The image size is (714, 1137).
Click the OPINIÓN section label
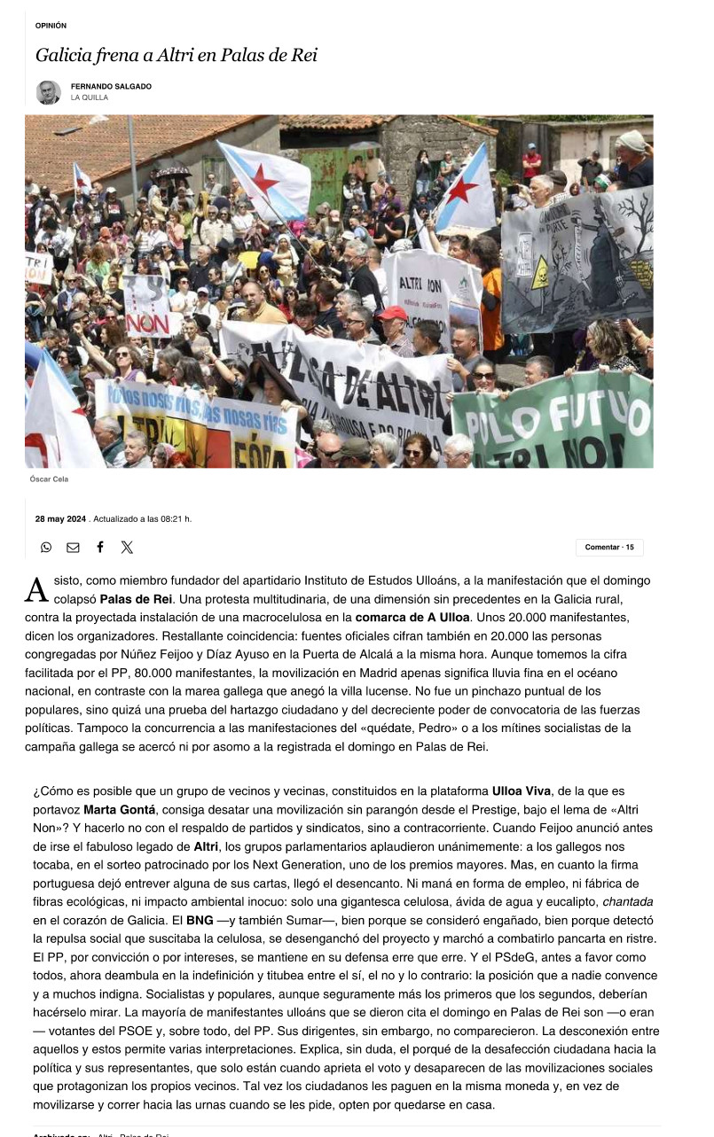click(x=51, y=26)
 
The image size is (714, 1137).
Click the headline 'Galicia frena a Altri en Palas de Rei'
click(x=176, y=56)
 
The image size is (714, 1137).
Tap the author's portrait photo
click(x=48, y=91)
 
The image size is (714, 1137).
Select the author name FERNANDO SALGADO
click(x=111, y=86)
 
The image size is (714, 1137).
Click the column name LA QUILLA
click(x=90, y=97)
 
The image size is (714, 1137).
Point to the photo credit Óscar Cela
click(x=49, y=479)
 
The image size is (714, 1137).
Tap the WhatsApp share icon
click(x=46, y=548)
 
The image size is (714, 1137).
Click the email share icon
click(x=73, y=548)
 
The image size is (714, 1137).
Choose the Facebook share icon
click(x=100, y=548)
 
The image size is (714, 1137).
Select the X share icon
click(x=127, y=548)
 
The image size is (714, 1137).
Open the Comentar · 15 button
click(x=609, y=548)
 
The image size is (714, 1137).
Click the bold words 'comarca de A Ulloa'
click(x=412, y=617)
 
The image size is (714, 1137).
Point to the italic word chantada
click(x=627, y=900)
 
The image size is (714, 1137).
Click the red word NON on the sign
click(x=148, y=324)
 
